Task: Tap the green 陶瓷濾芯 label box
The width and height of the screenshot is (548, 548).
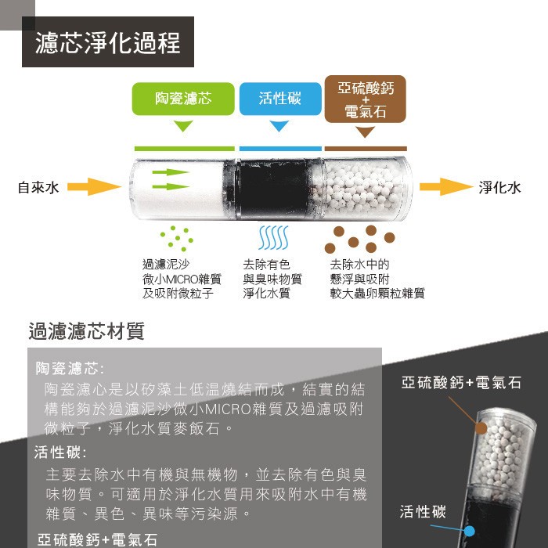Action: (x=183, y=99)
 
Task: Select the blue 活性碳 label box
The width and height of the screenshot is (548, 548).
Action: (x=279, y=99)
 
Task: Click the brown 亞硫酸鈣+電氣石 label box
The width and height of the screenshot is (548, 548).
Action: (x=366, y=99)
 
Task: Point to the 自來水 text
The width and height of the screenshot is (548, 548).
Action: (x=38, y=188)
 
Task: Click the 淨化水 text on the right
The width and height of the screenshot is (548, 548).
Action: (x=499, y=188)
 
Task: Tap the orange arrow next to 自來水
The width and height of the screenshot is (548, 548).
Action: (x=92, y=187)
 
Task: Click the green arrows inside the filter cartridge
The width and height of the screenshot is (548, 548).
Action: (x=170, y=179)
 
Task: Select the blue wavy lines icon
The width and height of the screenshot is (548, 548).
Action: (x=274, y=238)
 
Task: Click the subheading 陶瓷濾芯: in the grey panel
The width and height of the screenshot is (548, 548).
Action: (x=70, y=368)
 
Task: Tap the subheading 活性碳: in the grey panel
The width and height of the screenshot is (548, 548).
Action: (x=60, y=452)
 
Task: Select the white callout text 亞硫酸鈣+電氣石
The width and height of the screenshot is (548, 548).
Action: (x=461, y=383)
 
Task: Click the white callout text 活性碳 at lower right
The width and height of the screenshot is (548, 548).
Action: (x=423, y=512)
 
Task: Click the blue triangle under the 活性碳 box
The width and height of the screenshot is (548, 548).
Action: (x=279, y=126)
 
